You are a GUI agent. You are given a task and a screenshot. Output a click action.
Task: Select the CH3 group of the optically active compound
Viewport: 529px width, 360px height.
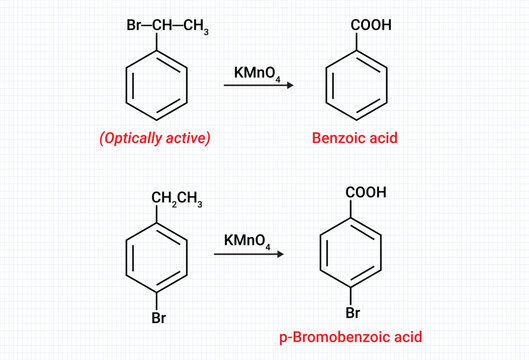tap(185, 25)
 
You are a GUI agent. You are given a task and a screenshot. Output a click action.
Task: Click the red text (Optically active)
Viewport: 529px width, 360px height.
tap(155, 138)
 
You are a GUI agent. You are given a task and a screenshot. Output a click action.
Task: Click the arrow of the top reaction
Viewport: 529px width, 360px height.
tap(258, 87)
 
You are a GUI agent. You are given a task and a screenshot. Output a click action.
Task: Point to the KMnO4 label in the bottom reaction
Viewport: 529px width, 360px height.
tap(247, 241)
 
